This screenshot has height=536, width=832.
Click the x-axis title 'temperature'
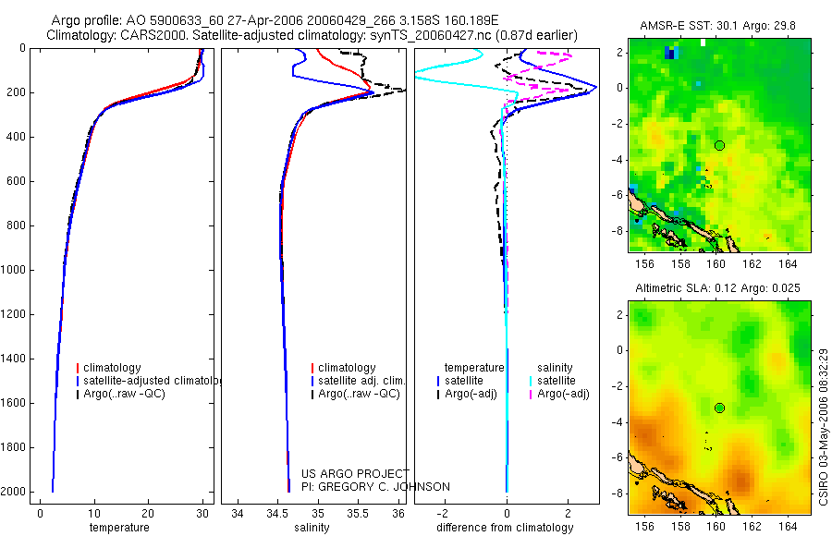(119, 528)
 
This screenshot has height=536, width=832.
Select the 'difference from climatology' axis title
(507, 528)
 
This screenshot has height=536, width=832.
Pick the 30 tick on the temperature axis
(202, 514)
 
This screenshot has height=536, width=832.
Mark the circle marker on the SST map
(720, 145)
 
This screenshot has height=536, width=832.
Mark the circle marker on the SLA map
(720, 408)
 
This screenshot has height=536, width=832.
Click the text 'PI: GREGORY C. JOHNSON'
(375, 487)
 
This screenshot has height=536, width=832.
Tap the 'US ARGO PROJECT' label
(355, 473)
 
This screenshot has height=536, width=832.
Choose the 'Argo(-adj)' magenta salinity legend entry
(563, 394)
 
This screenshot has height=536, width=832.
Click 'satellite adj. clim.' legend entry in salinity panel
(361, 381)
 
